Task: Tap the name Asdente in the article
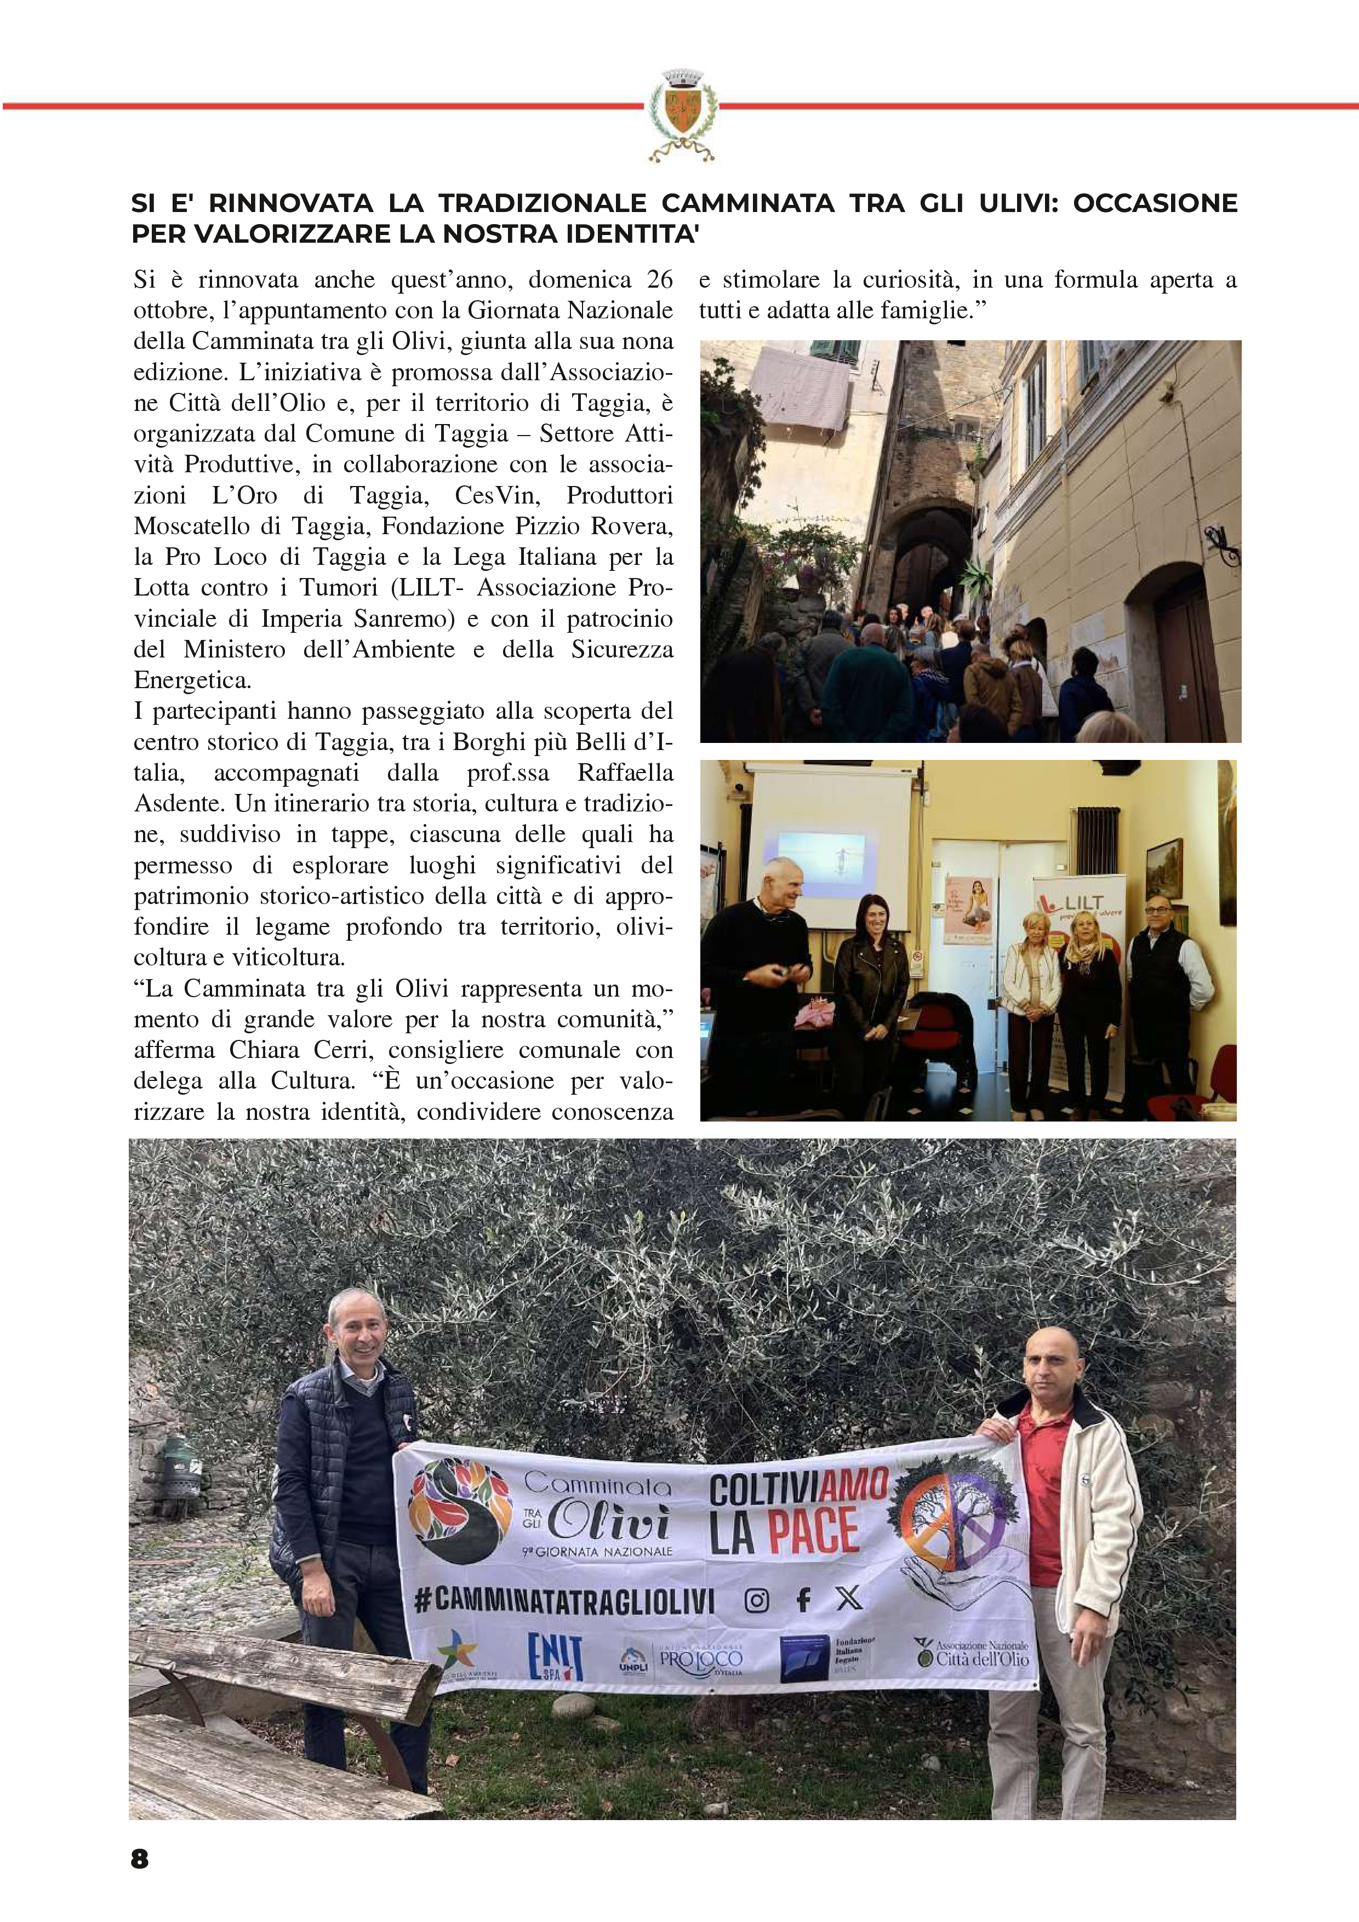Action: (180, 804)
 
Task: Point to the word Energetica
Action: (192, 680)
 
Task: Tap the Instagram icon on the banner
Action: (757, 1600)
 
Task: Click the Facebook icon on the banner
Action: (803, 1600)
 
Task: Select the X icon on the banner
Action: (848, 1599)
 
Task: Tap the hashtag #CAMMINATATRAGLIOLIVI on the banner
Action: (564, 1601)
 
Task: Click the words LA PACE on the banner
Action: (785, 1532)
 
